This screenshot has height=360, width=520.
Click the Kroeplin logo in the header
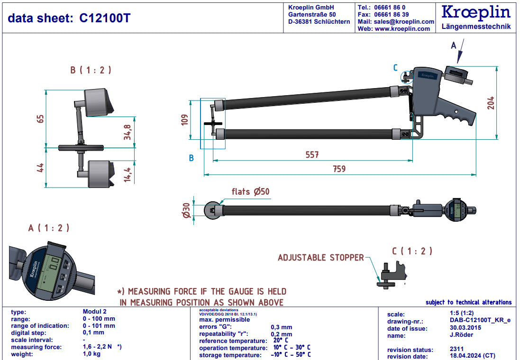tap(476, 12)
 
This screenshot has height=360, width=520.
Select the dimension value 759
tap(339, 169)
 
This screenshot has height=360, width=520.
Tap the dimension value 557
tap(311, 154)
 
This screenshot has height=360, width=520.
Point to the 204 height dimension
tap(491, 102)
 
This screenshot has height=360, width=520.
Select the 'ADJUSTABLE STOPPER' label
tap(320, 258)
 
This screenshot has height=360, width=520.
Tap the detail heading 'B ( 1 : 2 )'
tap(91, 70)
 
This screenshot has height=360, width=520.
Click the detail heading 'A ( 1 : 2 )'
tap(48, 228)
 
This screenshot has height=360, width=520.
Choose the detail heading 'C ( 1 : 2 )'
tap(411, 251)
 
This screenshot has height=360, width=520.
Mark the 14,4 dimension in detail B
tap(128, 174)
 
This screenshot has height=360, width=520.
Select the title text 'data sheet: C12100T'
tap(69, 18)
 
